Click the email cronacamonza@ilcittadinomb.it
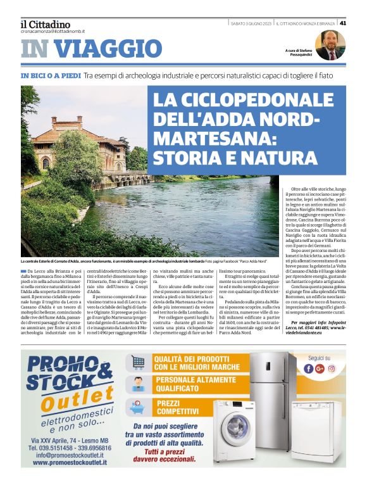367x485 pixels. point(53,31)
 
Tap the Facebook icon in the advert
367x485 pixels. point(308,368)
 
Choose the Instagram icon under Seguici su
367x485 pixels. point(330,368)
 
